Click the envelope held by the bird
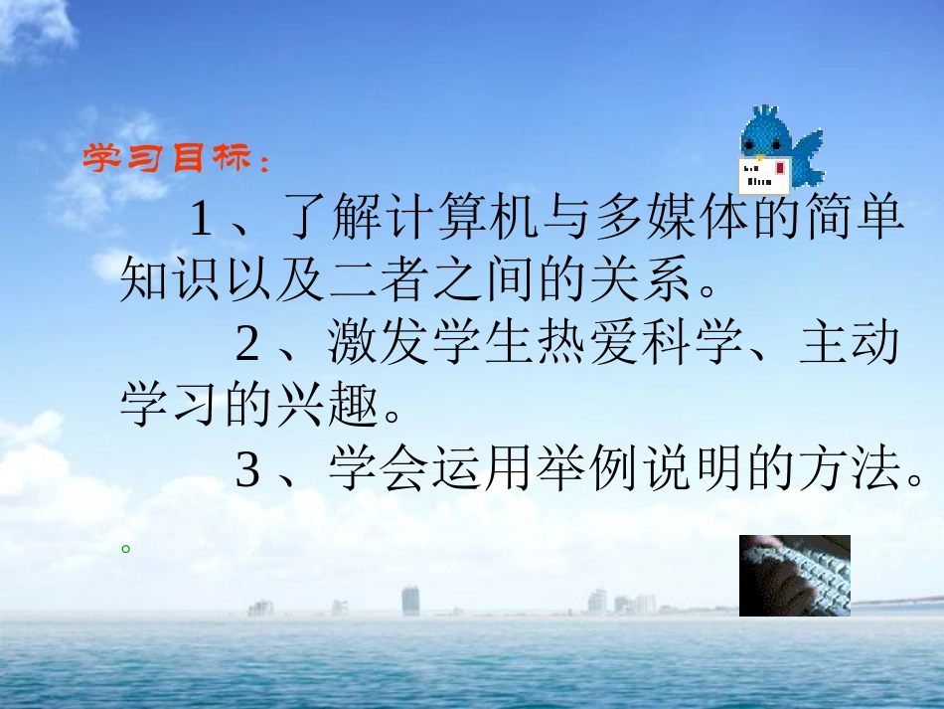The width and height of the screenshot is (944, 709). tap(764, 174)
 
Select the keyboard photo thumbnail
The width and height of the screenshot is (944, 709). tap(794, 575)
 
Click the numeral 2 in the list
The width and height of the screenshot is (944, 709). tap(247, 344)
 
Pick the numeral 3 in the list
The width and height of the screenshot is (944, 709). tap(247, 470)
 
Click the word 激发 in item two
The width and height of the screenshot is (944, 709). tap(379, 344)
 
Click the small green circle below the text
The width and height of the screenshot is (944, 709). tap(125, 546)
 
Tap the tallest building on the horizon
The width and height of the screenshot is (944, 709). tap(410, 600)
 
